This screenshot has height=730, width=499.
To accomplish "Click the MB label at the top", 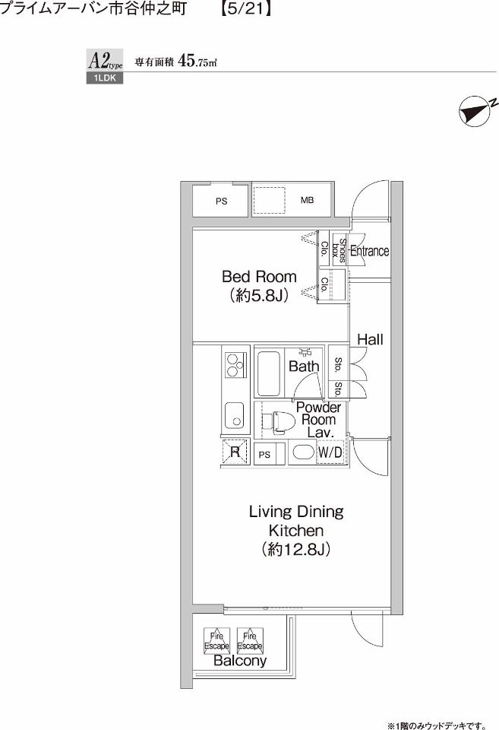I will point(307,201).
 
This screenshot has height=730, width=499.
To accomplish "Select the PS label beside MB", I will point(221,202).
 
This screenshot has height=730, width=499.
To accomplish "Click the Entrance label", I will point(370,251).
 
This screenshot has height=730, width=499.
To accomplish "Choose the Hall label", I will point(370,340).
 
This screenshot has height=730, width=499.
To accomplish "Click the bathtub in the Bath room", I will point(270,373).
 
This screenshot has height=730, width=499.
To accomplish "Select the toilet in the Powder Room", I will point(283,421).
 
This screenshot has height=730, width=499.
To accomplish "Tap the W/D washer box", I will point(330,453).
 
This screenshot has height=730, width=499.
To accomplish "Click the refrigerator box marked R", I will point(235,452).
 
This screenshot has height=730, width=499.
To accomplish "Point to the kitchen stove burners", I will point(234,365).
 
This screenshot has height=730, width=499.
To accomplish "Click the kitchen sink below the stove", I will point(233,415).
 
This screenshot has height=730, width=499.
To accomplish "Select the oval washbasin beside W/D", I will point(302,453).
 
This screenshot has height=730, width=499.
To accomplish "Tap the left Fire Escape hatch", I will point(216,640).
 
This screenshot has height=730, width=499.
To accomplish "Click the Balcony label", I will point(240,662).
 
